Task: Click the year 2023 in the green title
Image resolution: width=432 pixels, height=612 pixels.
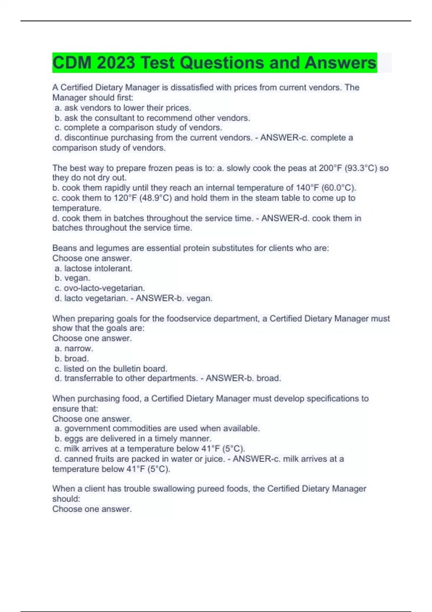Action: [116, 63]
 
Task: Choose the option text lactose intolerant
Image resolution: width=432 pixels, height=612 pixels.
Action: [98, 268]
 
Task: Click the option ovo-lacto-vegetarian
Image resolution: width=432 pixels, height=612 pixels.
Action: [104, 288]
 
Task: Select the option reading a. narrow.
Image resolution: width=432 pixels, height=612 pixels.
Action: [74, 348]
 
